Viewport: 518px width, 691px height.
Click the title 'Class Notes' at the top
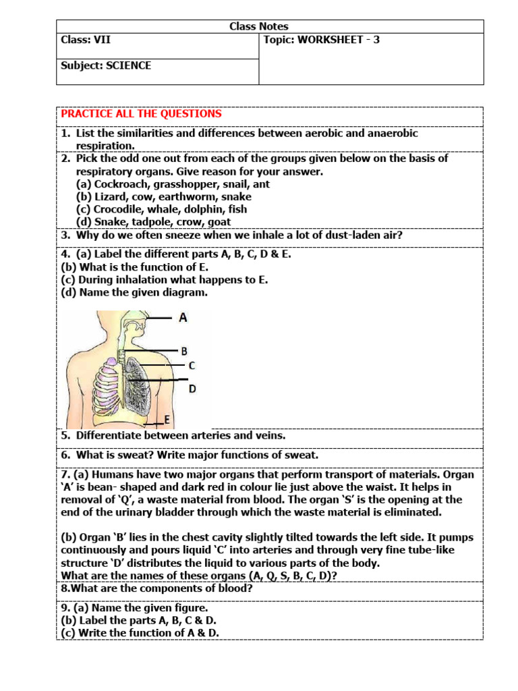point(259,26)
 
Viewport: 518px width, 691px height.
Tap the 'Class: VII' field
point(86,40)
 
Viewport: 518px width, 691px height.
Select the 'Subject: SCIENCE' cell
point(106,65)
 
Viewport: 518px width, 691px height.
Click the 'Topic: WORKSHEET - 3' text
point(322,40)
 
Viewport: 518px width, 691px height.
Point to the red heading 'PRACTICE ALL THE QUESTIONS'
point(141,114)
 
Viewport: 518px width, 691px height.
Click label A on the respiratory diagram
point(183,317)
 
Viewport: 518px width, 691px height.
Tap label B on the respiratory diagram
point(183,351)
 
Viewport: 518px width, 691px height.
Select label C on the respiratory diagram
point(192,366)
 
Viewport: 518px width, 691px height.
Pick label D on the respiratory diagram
point(192,389)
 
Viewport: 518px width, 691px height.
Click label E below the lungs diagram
point(167,419)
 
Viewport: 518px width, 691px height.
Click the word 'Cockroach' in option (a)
point(120,184)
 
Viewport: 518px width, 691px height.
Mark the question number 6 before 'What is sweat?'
point(65,455)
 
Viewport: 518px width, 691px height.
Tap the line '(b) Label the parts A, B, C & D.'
point(139,620)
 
